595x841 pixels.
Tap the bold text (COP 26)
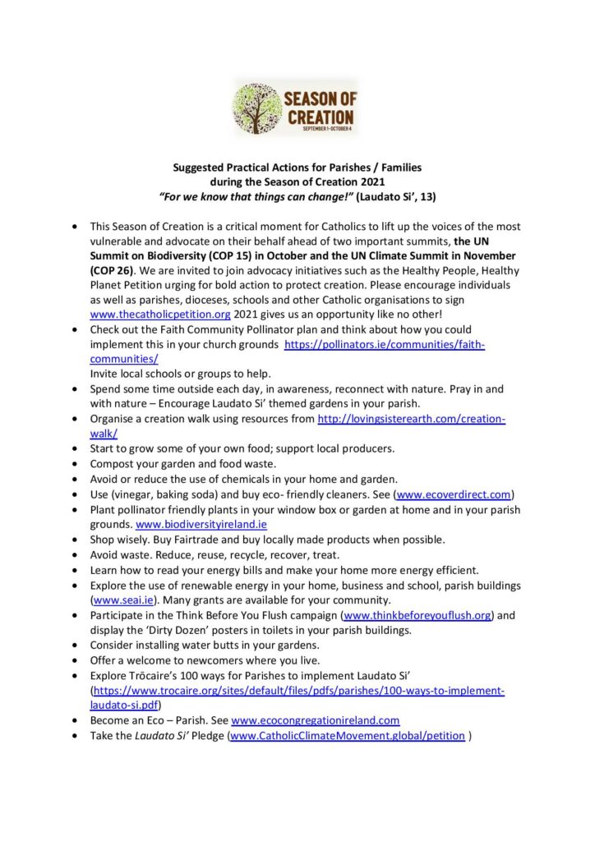click(x=113, y=268)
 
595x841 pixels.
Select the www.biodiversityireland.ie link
click(x=201, y=524)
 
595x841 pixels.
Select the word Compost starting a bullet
click(x=114, y=464)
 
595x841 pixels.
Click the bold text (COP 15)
click(x=217, y=253)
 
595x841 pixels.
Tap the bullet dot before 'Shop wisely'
click(x=76, y=540)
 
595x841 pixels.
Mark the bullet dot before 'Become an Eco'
click(x=76, y=720)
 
